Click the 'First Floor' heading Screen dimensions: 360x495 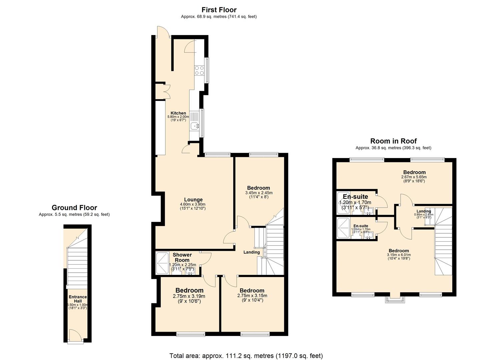tap(219, 10)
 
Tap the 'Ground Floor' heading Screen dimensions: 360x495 tap(74, 208)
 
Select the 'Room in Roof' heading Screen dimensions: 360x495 tap(393, 141)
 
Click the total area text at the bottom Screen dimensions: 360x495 tap(246, 356)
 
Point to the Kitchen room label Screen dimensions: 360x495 tap(178, 113)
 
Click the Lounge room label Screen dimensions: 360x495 tap(193, 200)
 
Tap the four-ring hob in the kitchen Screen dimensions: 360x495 tap(199, 70)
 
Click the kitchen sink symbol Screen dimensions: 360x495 tap(194, 126)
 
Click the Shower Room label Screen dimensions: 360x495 tap(182, 257)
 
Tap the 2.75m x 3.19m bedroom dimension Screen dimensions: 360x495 tap(189, 296)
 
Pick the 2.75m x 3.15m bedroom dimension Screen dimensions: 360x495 tap(252, 295)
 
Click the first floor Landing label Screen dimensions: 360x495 tap(251, 252)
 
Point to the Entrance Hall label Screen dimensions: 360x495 tap(78, 299)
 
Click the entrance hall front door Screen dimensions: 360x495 tap(75, 335)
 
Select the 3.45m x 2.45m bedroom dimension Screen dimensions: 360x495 tap(259, 193)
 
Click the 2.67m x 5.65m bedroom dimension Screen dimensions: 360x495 tap(414, 177)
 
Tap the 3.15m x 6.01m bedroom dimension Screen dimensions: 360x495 tap(399, 255)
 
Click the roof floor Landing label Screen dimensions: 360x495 tap(424, 211)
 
